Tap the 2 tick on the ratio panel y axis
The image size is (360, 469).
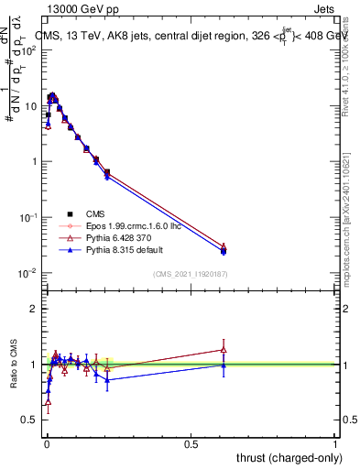(35, 309)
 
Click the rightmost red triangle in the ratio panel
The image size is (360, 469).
(224, 349)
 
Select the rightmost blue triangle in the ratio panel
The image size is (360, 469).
(224, 365)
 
